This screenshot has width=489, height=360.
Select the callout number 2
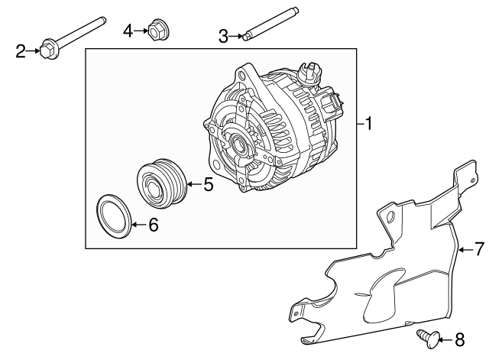[21, 51]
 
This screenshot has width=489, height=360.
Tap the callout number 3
[223, 35]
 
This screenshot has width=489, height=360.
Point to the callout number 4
[128, 31]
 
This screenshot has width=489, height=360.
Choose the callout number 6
[153, 225]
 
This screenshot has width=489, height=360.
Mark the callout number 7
[478, 248]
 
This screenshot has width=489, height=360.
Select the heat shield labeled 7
[382, 283]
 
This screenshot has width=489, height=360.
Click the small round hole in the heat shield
[391, 218]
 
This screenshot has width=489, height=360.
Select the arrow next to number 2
[35, 51]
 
